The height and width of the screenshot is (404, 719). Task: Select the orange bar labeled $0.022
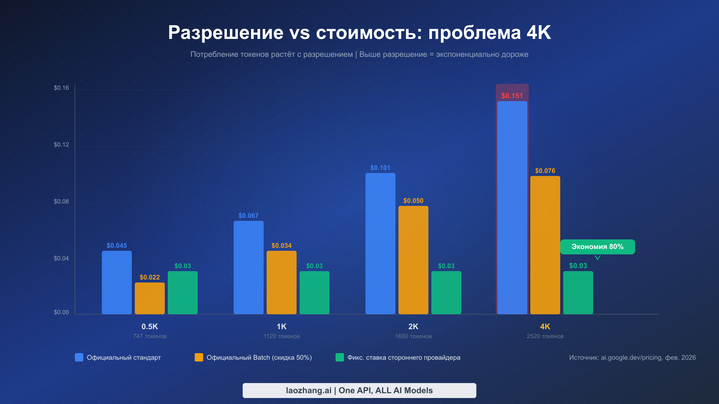pos(149,298)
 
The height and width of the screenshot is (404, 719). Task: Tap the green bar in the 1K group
pos(314,292)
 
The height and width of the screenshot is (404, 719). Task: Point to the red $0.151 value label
pos(512,96)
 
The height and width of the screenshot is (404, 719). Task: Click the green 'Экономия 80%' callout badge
pos(597,247)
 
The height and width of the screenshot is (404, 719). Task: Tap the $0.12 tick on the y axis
pos(61,145)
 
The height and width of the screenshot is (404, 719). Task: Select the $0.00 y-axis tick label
pos(61,312)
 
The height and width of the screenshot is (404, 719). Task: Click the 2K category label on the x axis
pos(413,326)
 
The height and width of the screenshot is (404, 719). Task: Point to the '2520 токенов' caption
pos(545,336)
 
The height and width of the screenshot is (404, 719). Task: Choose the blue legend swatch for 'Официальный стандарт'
pos(79,357)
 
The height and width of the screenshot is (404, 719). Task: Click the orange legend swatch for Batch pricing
pos(199,357)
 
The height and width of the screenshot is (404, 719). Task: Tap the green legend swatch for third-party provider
pos(340,357)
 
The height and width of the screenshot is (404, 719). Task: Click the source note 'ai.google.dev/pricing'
pos(632,357)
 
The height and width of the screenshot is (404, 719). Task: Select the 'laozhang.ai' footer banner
pos(359,390)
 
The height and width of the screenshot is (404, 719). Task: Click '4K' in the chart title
pos(538,32)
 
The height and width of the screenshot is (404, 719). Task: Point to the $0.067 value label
pos(248,215)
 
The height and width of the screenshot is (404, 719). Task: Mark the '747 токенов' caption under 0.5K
pos(149,336)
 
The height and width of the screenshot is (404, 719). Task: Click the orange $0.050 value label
pos(413,201)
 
